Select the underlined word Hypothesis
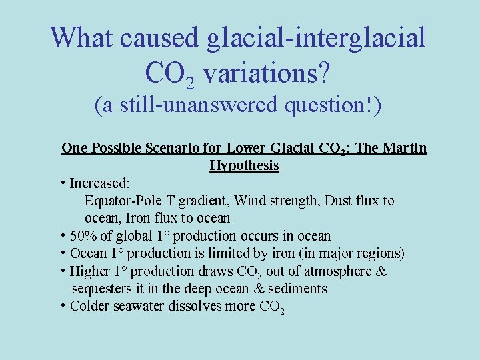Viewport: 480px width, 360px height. [x=244, y=165]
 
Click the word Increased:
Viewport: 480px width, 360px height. [x=100, y=183]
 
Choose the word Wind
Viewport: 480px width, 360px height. [x=250, y=201]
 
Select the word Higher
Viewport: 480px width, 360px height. [x=90, y=271]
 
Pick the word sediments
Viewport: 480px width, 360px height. [x=297, y=289]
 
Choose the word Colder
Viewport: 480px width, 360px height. [x=90, y=306]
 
